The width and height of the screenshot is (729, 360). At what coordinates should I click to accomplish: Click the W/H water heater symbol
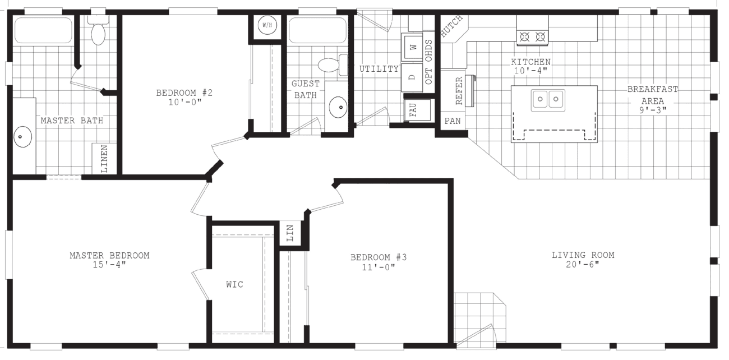coord(266,26)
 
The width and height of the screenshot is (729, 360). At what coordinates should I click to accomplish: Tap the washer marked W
coord(414,48)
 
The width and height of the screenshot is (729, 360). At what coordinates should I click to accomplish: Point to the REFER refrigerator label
coord(459,90)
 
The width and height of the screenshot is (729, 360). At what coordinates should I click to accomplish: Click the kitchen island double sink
coord(547,100)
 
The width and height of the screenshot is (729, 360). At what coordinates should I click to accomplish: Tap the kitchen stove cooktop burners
coord(532,38)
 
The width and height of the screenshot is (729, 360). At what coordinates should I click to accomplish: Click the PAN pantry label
coord(452,121)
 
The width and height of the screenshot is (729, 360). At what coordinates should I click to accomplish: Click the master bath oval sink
coord(23,137)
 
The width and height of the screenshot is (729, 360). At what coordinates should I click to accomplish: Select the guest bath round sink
coord(338,107)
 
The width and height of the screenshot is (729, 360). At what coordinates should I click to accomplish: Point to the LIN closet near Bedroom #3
coord(290,234)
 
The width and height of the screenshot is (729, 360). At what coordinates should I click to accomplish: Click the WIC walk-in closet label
coord(234,284)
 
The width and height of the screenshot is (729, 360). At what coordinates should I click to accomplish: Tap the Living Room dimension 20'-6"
coord(583,265)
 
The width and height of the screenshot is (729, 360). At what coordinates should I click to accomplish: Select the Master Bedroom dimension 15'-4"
coord(109,265)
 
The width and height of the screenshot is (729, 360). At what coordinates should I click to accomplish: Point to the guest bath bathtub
coord(317,30)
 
